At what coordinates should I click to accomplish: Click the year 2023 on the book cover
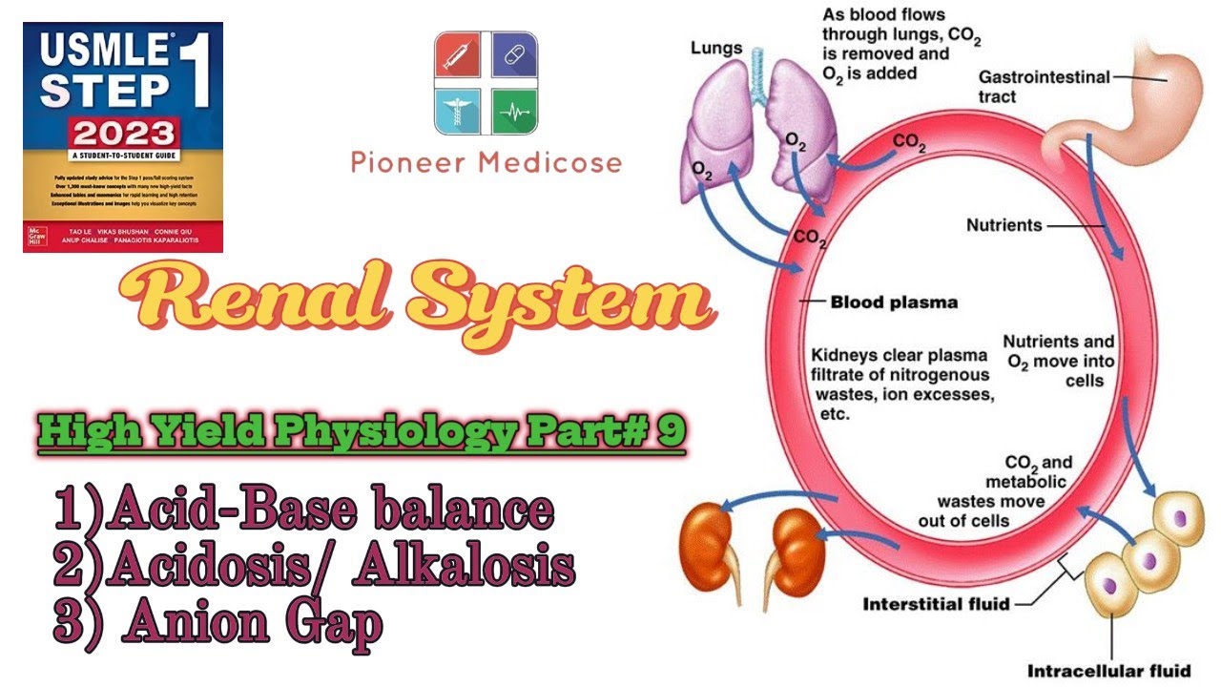click(x=121, y=133)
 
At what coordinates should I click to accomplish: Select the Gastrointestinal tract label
click(x=1044, y=87)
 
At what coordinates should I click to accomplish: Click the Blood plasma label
click(x=893, y=302)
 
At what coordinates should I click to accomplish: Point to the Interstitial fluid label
click(x=935, y=604)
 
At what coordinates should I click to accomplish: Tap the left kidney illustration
click(x=711, y=549)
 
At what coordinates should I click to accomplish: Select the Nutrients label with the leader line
click(x=1004, y=226)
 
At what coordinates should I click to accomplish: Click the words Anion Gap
click(x=254, y=625)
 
